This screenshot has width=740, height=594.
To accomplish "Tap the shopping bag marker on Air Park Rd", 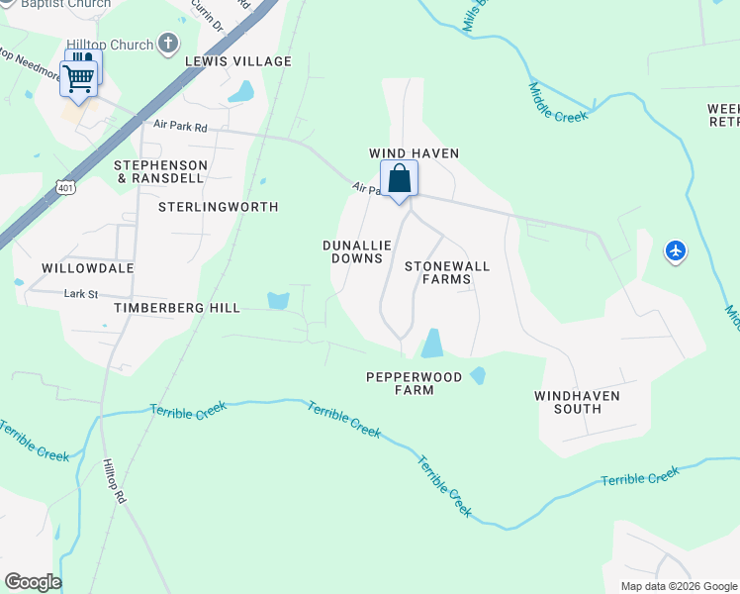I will pyautogui.click(x=399, y=180).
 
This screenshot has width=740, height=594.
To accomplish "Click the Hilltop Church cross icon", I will pyautogui.click(x=168, y=44).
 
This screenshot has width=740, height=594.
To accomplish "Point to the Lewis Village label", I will pyautogui.click(x=238, y=61).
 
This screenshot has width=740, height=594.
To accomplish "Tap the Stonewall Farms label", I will pyautogui.click(x=446, y=272).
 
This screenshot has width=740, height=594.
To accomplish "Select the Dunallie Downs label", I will pyautogui.click(x=352, y=251).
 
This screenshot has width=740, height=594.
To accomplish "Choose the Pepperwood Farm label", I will pyautogui.click(x=400, y=383).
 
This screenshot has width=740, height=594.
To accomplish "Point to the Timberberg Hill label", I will pyautogui.click(x=177, y=308).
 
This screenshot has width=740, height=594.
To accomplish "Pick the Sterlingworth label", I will pyautogui.click(x=219, y=207).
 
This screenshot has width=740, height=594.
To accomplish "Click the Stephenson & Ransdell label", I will pyautogui.click(x=161, y=171).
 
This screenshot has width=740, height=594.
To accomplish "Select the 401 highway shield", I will pyautogui.click(x=65, y=186).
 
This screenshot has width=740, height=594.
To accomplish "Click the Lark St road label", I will pyautogui.click(x=80, y=294).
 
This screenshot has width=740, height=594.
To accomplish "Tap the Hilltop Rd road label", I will pyautogui.click(x=115, y=482).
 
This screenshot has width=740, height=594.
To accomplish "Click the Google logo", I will pyautogui.click(x=33, y=582).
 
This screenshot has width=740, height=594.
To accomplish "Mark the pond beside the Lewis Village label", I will pyautogui.click(x=240, y=92).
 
